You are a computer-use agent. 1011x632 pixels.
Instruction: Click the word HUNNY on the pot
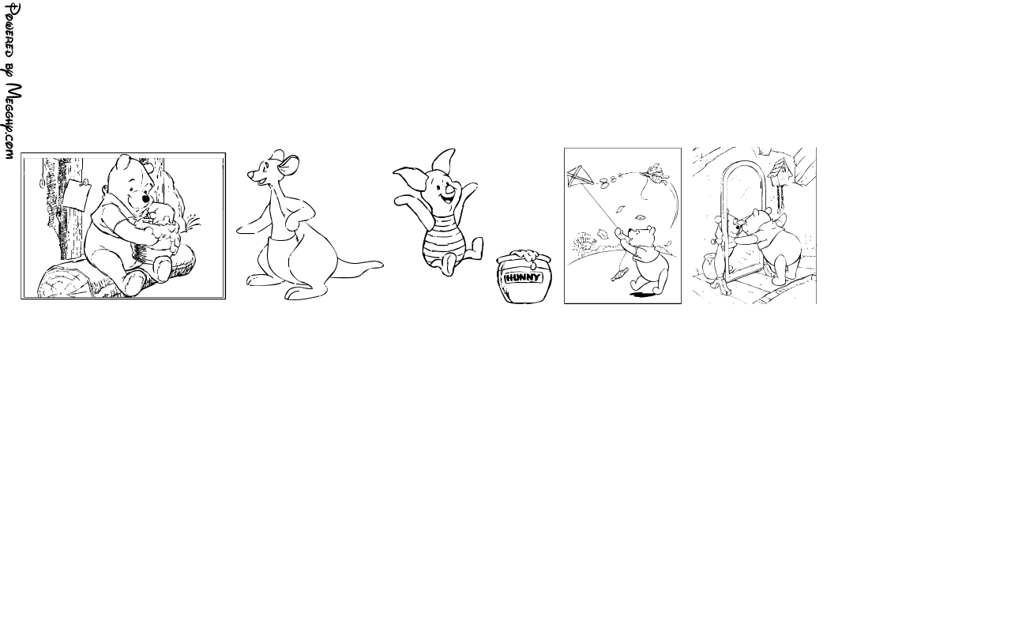pyautogui.click(x=523, y=277)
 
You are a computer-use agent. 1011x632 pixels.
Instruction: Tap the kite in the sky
pyautogui.click(x=580, y=176)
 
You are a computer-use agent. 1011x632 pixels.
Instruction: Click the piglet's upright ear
pyautogui.click(x=444, y=160)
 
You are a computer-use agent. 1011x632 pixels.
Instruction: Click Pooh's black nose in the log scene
pyautogui.click(x=145, y=198)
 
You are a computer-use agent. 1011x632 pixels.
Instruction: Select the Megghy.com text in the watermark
pyautogui.click(x=12, y=121)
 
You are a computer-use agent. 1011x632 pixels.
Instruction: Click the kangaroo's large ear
pyautogui.click(x=288, y=165)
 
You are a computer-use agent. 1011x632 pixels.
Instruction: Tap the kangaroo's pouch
pyautogui.click(x=280, y=259)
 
